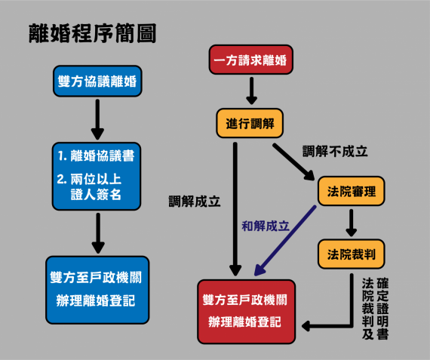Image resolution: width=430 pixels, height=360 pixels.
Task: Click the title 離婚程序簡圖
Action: point(93,33)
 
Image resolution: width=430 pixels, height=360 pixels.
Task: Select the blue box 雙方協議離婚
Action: point(97,81)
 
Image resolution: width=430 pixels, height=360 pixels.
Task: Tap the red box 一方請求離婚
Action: point(251,60)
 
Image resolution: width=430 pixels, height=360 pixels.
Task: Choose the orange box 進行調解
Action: point(250,123)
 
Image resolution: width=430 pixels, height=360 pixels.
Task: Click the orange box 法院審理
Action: point(352,191)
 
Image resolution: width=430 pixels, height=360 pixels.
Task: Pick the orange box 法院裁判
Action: point(352,254)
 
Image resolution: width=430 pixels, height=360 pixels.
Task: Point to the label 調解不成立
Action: point(335,151)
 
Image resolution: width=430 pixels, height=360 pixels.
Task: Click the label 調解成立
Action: point(195,202)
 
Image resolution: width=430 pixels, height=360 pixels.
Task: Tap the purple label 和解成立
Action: point(266,226)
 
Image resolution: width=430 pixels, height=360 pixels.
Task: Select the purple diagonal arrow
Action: point(285,240)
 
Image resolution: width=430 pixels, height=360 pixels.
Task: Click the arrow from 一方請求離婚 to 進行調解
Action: point(251,91)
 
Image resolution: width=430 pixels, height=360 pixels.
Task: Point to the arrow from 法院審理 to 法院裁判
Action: point(352,223)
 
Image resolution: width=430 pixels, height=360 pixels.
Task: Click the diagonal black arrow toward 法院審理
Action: point(293,162)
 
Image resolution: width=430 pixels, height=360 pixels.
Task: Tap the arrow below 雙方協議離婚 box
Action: point(97,119)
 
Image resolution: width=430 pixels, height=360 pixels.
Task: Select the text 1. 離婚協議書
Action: point(96,156)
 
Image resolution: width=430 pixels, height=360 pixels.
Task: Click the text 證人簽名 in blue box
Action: point(96,194)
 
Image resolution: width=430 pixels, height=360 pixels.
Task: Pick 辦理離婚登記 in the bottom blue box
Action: point(96,300)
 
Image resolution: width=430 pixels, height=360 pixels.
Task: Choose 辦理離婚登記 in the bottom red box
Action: point(244,322)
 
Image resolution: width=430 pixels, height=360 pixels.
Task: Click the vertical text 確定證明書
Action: point(382,309)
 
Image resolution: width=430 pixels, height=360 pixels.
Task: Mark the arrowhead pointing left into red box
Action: point(306,326)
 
